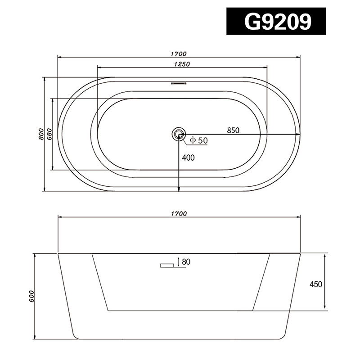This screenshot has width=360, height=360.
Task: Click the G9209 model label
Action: pyautogui.click(x=278, y=21)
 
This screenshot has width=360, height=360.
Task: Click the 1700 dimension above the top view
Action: pyautogui.click(x=179, y=54)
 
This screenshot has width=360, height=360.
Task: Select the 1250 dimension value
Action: pyautogui.click(x=182, y=64)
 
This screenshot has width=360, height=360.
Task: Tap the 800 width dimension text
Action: pyautogui.click(x=41, y=134)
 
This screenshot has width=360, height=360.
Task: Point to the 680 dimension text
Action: pyautogui.click(x=49, y=134)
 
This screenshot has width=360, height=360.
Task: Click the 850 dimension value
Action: pyautogui.click(x=233, y=130)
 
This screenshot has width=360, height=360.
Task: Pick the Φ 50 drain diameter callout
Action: pyautogui.click(x=199, y=140)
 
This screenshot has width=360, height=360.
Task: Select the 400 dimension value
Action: pyautogui.click(x=188, y=158)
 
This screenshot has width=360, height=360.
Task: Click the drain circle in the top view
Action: pyautogui.click(x=178, y=134)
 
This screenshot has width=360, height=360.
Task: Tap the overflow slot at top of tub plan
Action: pyautogui.click(x=179, y=83)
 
